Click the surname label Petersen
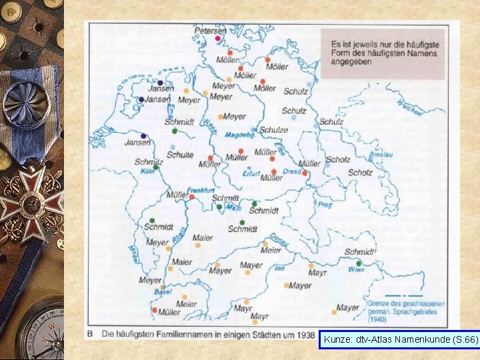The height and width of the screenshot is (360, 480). [210, 30]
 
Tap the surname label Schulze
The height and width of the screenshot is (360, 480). [273, 131]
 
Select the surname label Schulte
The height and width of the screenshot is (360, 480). [180, 155]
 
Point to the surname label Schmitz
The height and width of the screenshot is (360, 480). [149, 162]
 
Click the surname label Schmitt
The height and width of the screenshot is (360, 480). [225, 198]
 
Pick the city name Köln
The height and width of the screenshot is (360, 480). [147, 171]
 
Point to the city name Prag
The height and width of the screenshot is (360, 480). [325, 205]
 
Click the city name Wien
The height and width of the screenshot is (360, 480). [357, 269]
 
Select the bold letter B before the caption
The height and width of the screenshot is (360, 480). [90, 333]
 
